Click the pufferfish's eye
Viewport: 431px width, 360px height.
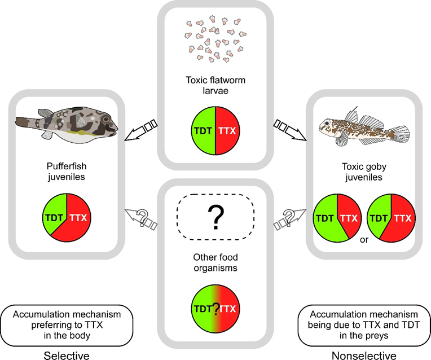point(106,119)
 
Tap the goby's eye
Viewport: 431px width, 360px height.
point(327,122)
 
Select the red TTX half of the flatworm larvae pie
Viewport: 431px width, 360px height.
point(227,131)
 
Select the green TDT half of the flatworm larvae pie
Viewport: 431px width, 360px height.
point(203,131)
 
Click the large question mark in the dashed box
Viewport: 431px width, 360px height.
point(215,217)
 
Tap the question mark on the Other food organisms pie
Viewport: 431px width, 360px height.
point(216,309)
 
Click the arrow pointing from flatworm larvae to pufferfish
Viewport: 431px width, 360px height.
point(141,130)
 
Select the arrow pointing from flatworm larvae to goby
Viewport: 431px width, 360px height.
point(290,130)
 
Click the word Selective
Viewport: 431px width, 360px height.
point(67,355)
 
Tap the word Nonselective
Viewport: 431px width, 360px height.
point(364,355)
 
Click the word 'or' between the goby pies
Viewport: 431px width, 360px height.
point(364,240)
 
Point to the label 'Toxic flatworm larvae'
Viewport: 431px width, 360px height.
point(215,85)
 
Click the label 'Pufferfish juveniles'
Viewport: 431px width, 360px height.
point(67,172)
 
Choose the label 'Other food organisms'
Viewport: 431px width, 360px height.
point(215,262)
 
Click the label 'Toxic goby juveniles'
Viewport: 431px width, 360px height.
point(364,172)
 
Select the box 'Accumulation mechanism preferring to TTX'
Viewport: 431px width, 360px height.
point(67,326)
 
